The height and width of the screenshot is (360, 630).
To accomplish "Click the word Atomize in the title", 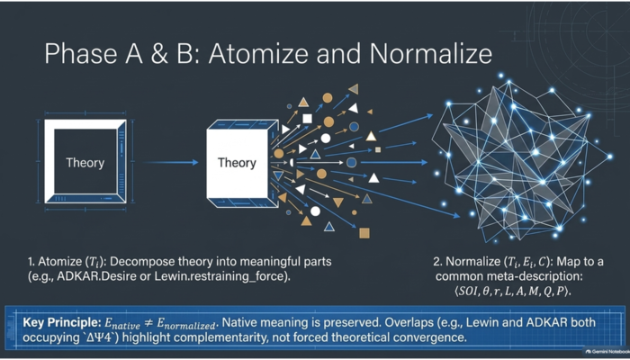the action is click(259, 53).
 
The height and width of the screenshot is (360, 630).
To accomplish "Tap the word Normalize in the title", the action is click(430, 53).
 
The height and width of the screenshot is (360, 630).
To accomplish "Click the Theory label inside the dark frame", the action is click(85, 163).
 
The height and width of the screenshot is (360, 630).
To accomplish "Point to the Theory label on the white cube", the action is click(237, 163).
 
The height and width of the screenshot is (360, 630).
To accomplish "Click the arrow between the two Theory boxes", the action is click(170, 162).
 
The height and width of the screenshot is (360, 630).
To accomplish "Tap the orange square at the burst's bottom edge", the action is click(364, 233).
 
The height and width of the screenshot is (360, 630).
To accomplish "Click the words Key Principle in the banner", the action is click(61, 322).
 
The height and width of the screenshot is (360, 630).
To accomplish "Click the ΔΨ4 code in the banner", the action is click(100, 337).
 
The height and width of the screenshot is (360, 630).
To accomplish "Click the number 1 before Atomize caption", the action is click(31, 262).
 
